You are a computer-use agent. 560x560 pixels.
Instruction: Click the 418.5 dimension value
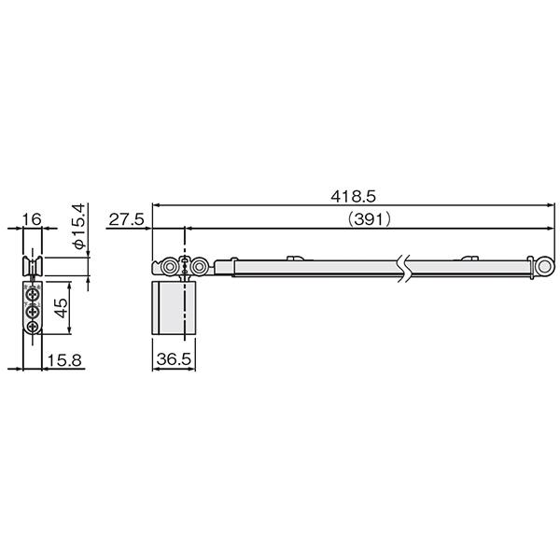pos(353,196)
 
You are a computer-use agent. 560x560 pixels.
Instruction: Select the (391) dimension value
pos(370,219)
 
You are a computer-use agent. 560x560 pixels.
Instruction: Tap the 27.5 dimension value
pos(126,219)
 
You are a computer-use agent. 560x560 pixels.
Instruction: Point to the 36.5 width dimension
pos(174,359)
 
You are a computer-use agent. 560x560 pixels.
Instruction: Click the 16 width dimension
pos(32,219)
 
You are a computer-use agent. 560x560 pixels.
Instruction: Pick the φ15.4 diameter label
pos(79,226)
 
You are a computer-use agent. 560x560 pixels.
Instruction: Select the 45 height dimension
pos(62,308)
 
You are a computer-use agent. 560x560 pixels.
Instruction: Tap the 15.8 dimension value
pos(64,360)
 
